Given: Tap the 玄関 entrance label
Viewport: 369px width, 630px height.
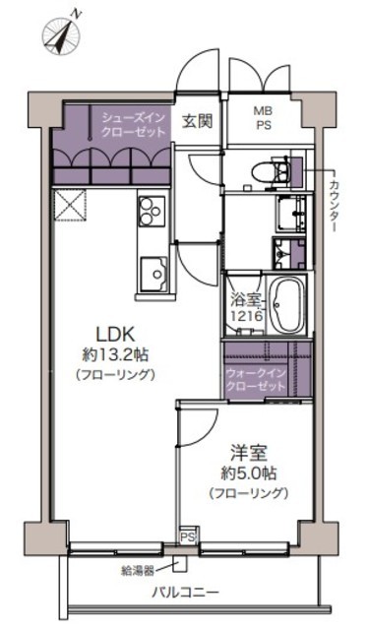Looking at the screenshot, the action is point(197,121).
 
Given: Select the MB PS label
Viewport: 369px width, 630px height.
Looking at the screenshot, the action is point(264,117).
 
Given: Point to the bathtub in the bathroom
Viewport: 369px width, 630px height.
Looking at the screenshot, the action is point(286,304).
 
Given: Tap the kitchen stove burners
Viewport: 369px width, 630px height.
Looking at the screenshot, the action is point(153,212).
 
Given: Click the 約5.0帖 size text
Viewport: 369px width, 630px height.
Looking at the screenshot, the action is point(249,473).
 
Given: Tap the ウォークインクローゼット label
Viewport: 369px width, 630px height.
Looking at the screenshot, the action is point(257,380).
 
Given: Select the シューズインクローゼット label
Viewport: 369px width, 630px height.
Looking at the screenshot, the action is point(133,125).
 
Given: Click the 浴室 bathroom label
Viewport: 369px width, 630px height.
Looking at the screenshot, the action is point(246,300).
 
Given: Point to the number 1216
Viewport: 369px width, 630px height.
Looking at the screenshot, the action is point(247,315).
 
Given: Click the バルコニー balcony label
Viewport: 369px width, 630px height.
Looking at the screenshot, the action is point(186,593).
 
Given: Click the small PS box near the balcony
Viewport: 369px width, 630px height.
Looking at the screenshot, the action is point(188,536).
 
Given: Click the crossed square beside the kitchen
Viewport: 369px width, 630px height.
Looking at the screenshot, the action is point(70,206).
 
